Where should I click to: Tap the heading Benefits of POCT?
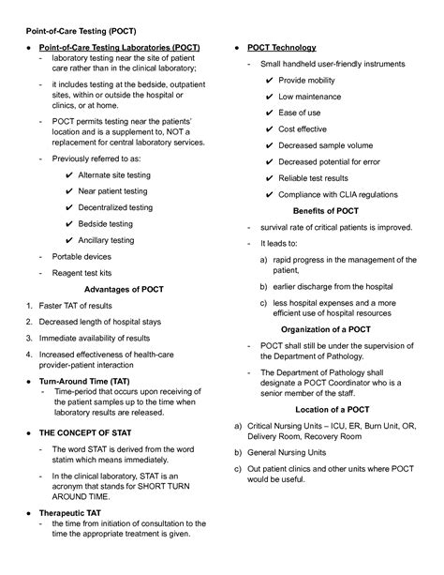pyautogui.click(x=325, y=211)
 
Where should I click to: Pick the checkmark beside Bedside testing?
pyautogui.click(x=69, y=224)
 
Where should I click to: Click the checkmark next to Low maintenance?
pyautogui.click(x=271, y=97)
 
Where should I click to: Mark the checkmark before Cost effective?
pyautogui.click(x=271, y=129)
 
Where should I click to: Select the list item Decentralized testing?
pyautogui.click(x=115, y=207)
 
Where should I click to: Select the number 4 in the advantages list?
pyautogui.click(x=29, y=355)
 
